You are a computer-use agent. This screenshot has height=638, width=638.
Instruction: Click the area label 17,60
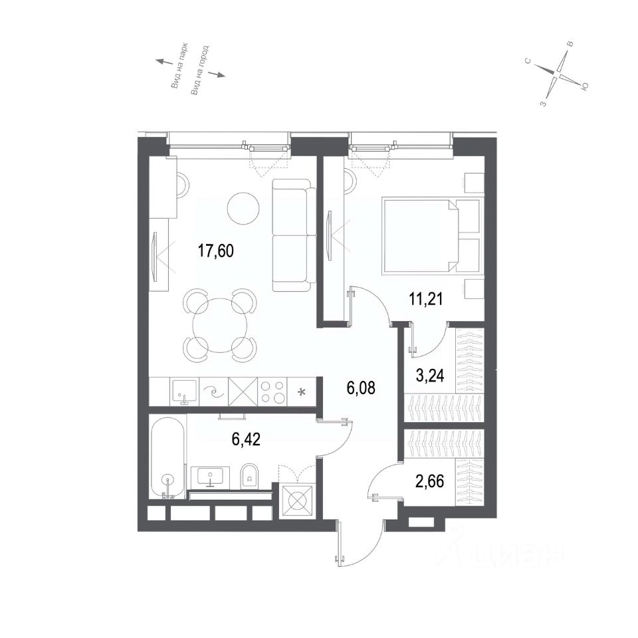point(215,251)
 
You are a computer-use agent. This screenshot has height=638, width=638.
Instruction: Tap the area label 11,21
point(425,300)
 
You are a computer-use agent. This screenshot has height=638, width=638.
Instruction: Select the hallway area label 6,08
point(361,387)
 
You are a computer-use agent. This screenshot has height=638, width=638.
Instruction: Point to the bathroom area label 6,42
point(246,439)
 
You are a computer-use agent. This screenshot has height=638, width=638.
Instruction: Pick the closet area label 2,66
point(430,481)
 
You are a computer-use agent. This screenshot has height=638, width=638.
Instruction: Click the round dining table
point(220,326)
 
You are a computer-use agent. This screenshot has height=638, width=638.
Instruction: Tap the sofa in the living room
point(294,235)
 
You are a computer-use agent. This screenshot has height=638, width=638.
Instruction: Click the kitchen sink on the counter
point(184,391)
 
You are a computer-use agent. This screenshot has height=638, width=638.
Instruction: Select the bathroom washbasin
point(210,478)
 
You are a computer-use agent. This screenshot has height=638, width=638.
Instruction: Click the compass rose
point(558,74)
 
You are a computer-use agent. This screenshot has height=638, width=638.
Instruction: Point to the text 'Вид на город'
point(200,70)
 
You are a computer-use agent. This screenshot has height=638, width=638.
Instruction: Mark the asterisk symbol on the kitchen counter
point(302,392)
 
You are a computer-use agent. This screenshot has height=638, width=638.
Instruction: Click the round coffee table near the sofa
point(243,207)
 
